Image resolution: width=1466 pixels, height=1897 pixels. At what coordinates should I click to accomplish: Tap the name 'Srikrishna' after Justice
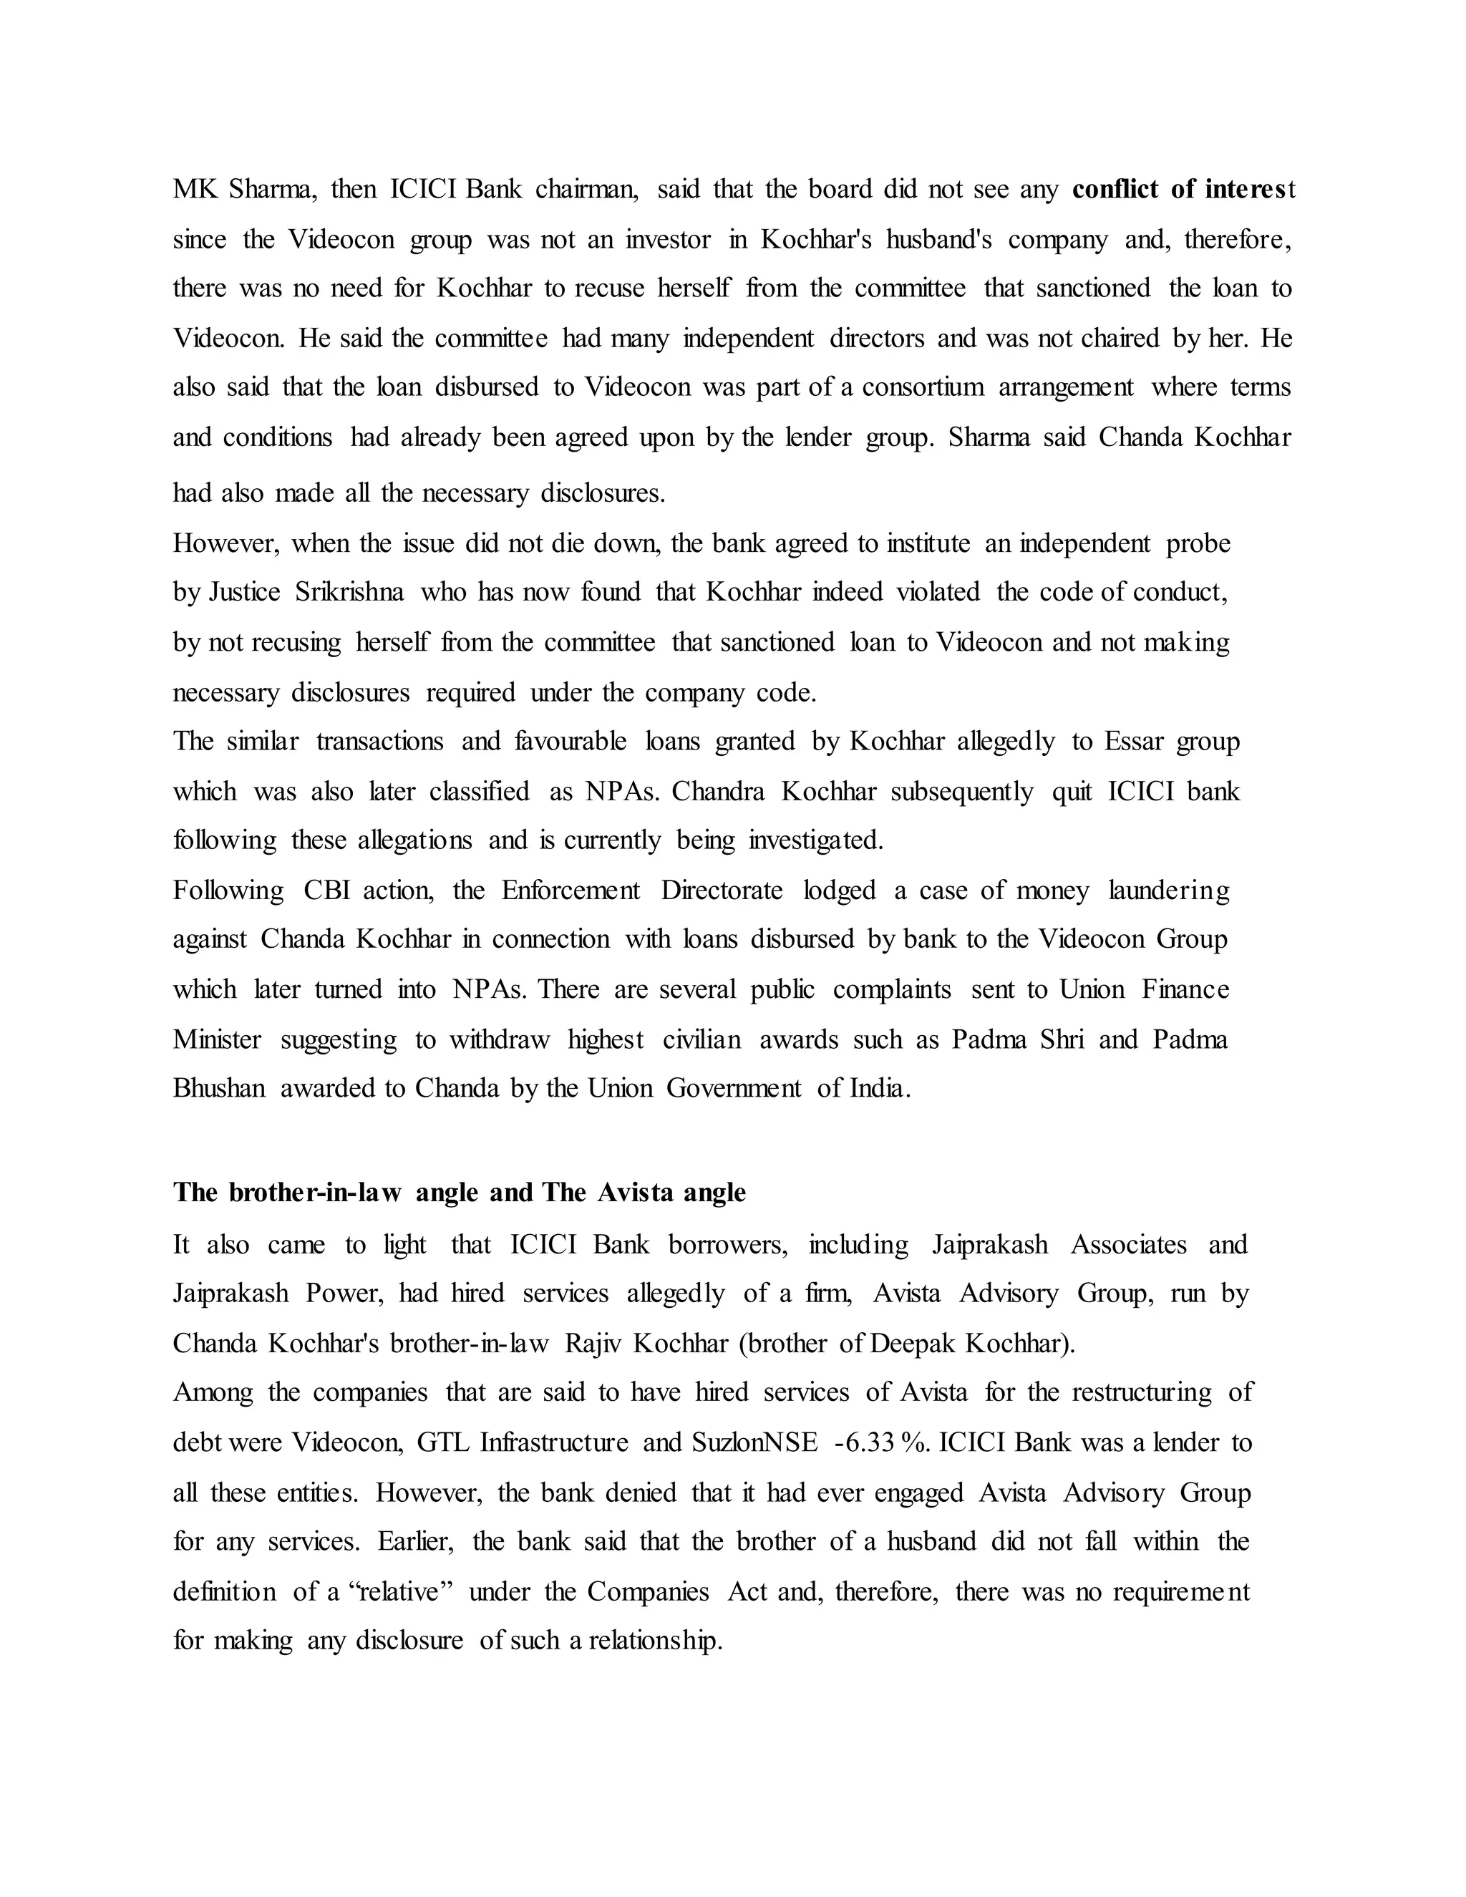349,593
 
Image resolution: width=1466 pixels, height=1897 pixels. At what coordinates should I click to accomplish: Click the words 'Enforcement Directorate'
642,891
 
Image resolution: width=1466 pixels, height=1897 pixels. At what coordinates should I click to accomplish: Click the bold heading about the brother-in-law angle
459,1193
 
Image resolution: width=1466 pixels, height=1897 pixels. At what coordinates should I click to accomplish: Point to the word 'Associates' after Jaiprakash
1128,1245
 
